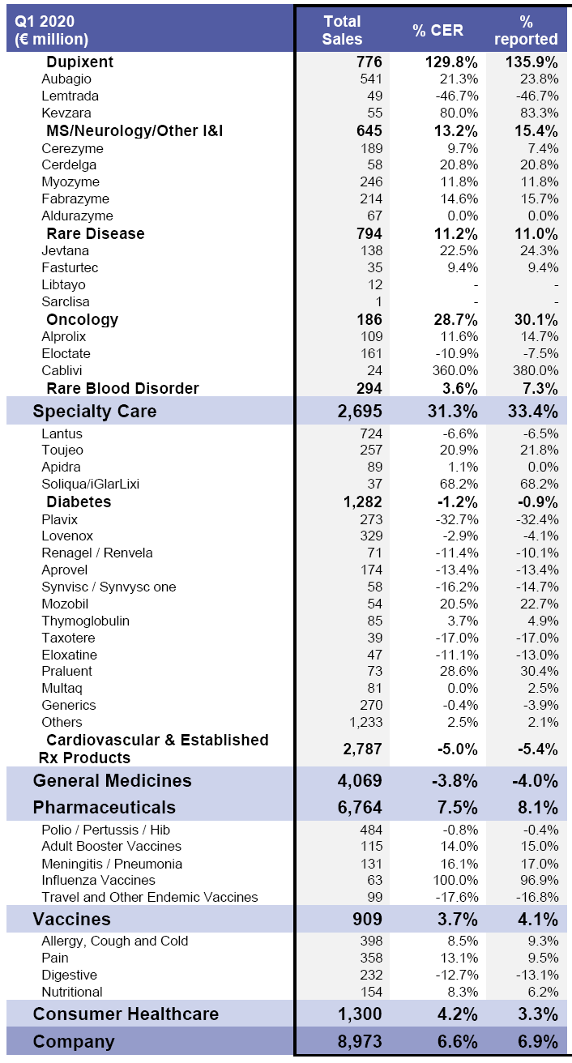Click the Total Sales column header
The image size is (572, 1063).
point(342,30)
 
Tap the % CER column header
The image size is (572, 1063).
point(438,30)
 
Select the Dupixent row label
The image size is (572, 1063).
point(79,62)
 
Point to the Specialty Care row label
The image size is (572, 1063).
point(95,411)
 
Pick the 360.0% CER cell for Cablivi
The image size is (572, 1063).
point(455,371)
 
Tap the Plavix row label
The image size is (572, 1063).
point(60,519)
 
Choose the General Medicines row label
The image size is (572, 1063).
point(112,781)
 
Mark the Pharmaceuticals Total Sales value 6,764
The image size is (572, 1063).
point(360,808)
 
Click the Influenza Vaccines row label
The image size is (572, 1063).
point(98,881)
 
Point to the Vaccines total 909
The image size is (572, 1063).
point(366,920)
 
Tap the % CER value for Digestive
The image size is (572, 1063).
point(455,975)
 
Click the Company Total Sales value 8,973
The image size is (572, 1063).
point(360,1042)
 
